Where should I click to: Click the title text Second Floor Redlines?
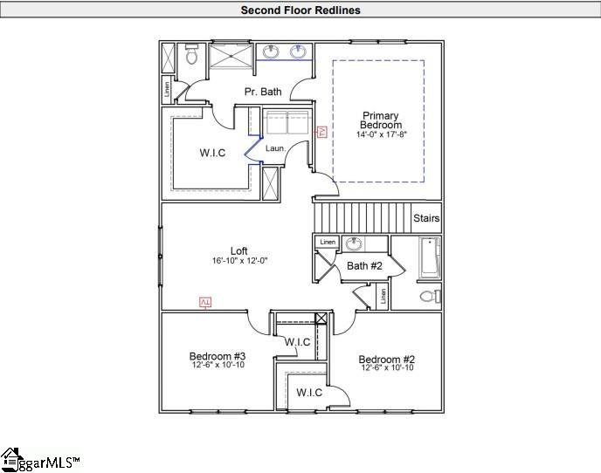click(x=300, y=10)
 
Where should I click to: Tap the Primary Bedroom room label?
click(x=380, y=120)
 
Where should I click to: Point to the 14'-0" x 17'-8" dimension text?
click(x=380, y=134)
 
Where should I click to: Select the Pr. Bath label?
click(x=262, y=92)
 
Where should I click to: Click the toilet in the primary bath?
click(x=192, y=57)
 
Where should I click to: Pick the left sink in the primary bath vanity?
click(x=269, y=51)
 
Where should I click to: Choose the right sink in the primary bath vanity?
click(x=298, y=51)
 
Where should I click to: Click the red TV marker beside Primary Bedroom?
click(x=321, y=131)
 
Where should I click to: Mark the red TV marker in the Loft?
click(x=206, y=302)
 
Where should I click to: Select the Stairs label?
click(x=426, y=218)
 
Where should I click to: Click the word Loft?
click(x=238, y=251)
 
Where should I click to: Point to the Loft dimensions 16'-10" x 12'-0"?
click(x=238, y=261)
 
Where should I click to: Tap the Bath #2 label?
click(x=363, y=265)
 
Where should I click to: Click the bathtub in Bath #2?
click(x=429, y=257)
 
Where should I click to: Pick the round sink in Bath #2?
click(x=355, y=243)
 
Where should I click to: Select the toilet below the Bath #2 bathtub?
click(x=429, y=296)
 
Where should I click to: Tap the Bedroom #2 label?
click(x=385, y=360)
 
